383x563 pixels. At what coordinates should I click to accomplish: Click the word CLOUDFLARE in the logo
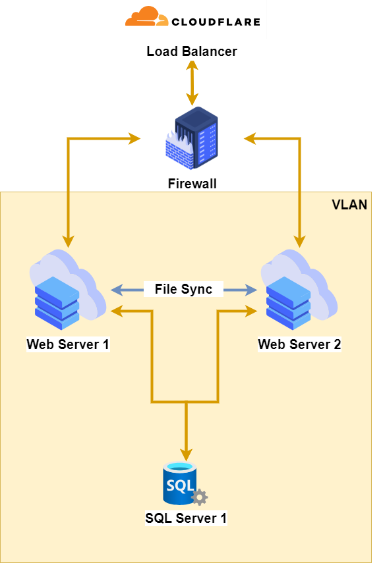coord(216,21)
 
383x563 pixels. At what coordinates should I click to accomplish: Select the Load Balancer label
coord(192,52)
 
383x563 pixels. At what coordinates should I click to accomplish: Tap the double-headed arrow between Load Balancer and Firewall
coord(192,84)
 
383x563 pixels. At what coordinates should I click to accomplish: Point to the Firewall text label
coord(192,184)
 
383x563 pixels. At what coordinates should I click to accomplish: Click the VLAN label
coord(349,205)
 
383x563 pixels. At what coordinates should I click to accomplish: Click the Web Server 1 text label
coord(68,344)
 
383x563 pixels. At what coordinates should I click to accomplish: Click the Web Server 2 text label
coord(299,344)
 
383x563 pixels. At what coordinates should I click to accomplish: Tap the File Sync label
coord(183,289)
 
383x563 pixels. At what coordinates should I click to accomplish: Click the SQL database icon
coord(181,484)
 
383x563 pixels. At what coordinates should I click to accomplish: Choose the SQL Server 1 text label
coord(186,518)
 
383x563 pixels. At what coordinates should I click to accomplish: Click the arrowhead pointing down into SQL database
coord(187,454)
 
